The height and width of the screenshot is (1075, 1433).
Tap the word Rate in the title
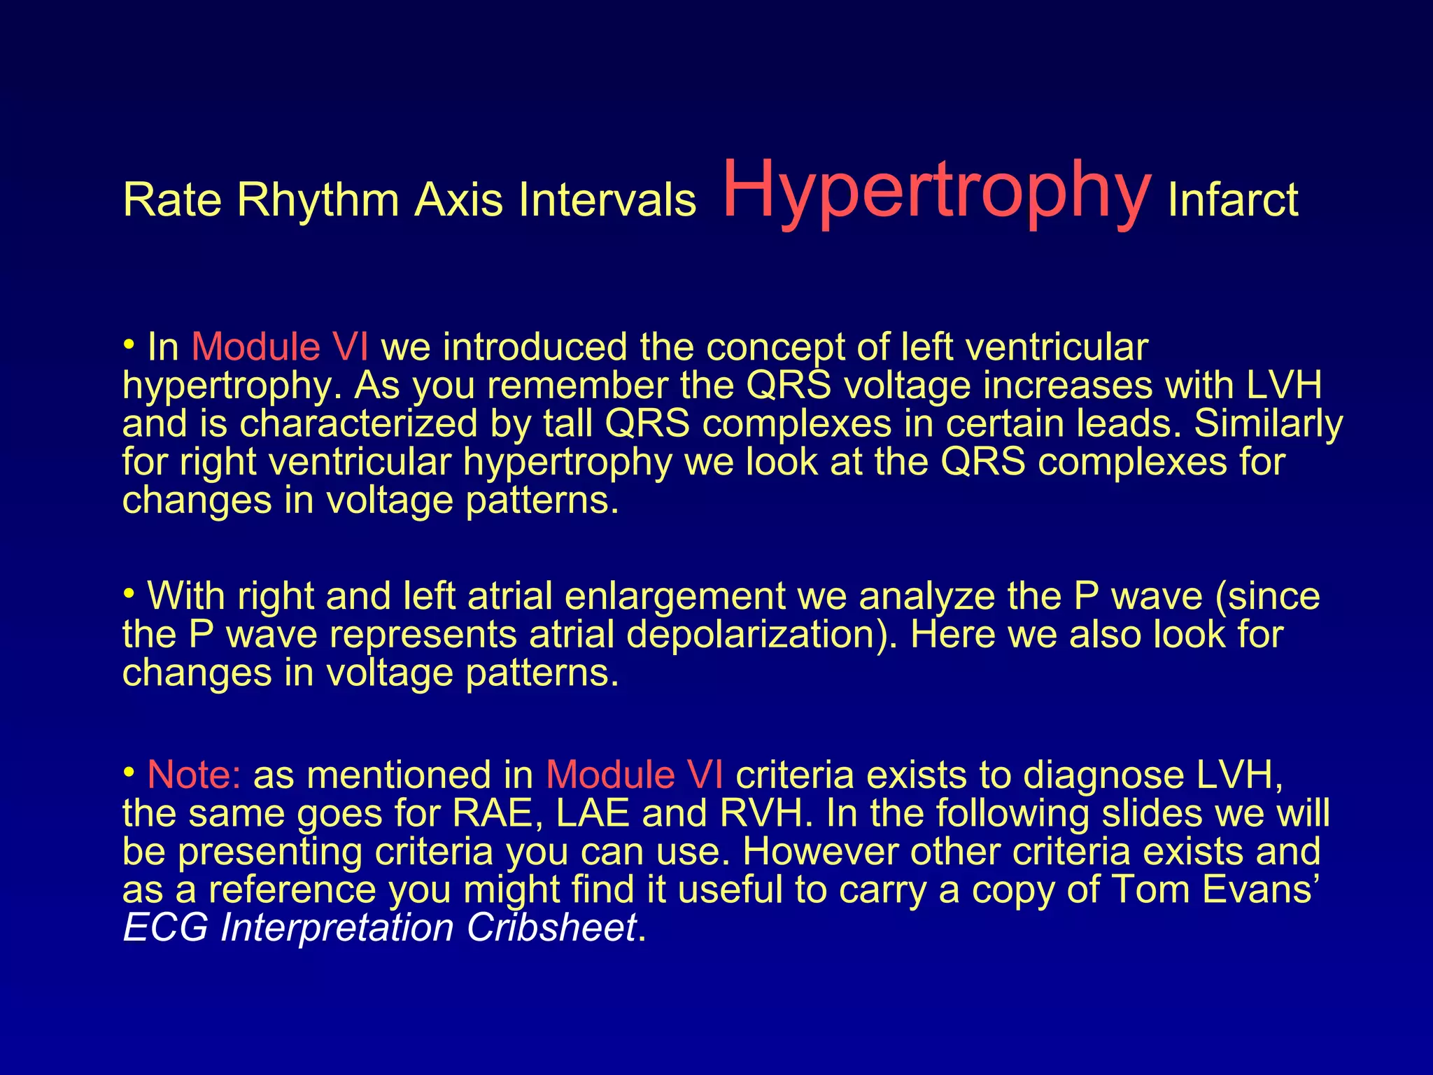(173, 200)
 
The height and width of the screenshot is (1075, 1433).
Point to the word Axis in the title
(459, 200)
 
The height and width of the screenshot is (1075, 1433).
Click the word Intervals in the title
(607, 200)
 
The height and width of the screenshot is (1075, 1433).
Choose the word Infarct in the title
(1233, 200)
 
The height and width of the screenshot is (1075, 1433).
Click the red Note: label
(195, 775)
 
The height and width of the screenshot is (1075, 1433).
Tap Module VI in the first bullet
(280, 347)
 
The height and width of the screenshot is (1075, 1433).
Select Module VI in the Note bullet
(635, 775)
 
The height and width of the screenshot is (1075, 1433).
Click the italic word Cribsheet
(551, 928)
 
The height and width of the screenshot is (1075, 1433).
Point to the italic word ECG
(165, 928)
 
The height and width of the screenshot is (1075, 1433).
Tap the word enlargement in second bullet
(675, 596)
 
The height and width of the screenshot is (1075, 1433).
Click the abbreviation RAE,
(498, 813)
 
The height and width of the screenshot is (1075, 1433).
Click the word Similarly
(1268, 424)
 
